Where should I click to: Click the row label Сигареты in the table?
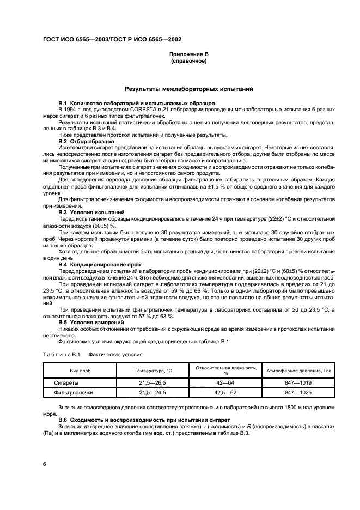(x=65, y=383)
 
